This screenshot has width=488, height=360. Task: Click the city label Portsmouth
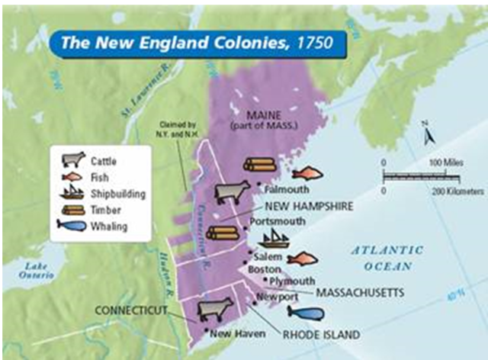(277, 221)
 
